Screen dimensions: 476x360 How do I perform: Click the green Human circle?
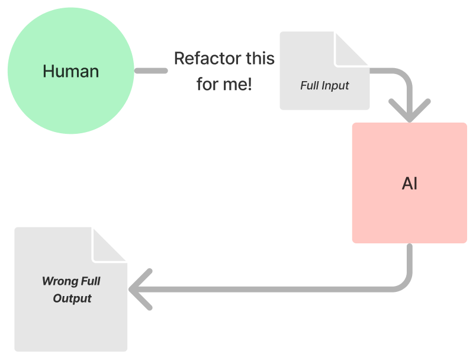click(x=70, y=70)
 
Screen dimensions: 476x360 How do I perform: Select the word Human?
click(x=70, y=71)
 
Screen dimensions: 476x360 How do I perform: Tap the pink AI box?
click(x=410, y=183)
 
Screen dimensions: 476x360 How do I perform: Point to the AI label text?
click(x=410, y=184)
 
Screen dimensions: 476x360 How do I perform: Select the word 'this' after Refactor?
click(x=260, y=58)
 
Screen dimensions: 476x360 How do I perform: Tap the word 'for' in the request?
click(x=208, y=84)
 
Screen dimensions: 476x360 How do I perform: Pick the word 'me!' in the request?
click(x=237, y=84)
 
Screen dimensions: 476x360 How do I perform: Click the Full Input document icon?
click(x=324, y=70)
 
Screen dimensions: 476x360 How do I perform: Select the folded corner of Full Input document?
click(x=352, y=49)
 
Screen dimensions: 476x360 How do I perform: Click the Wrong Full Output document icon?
click(x=70, y=290)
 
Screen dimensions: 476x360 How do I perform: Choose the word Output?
click(x=72, y=298)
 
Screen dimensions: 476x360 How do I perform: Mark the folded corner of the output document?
click(x=110, y=245)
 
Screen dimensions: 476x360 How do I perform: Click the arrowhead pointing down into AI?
click(x=410, y=111)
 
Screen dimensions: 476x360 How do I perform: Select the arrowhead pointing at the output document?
click(x=140, y=290)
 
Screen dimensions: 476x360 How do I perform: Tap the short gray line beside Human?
click(x=151, y=70)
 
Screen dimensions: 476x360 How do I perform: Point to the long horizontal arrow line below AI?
click(x=267, y=290)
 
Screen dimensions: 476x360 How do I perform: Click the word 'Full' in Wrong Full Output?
click(x=91, y=281)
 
